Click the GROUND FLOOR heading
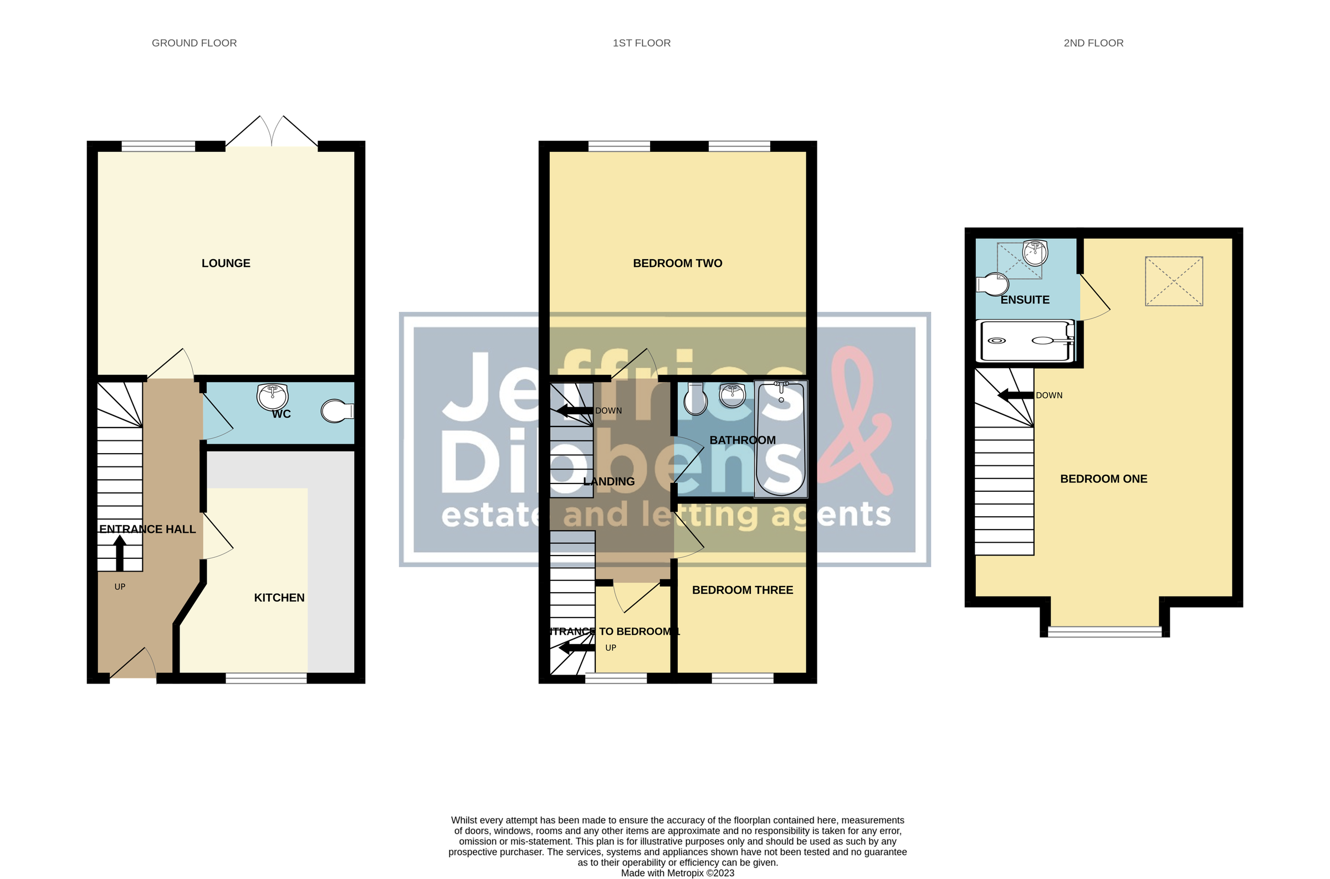coord(194,43)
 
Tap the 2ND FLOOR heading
coord(1093,43)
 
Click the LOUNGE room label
coord(226,263)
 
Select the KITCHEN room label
coord(279,598)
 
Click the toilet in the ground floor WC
coord(337,411)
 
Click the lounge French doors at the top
coord(272,132)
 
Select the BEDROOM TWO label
coord(677,263)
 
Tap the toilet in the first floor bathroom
coord(695,399)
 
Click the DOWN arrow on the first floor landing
coord(574,411)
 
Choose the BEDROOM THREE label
coord(743,590)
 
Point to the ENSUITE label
coord(1025,300)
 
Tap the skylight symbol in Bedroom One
coord(1174,281)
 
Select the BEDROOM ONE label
coord(1103,479)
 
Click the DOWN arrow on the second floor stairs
coord(1015,395)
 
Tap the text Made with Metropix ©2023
coord(677,873)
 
